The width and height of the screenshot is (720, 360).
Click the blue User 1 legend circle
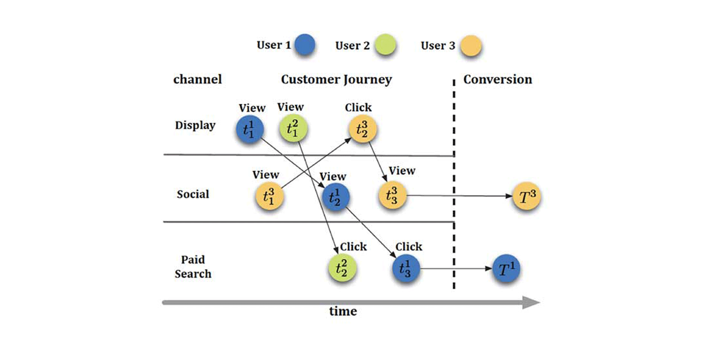tap(305, 45)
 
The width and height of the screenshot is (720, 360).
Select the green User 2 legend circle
tap(385, 45)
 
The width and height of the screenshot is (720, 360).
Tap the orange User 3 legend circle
tap(471, 45)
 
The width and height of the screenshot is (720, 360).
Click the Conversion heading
tap(497, 80)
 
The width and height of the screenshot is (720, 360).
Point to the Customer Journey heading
tap(336, 80)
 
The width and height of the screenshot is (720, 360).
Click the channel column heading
tap(197, 80)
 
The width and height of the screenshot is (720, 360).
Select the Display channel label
tap(195, 125)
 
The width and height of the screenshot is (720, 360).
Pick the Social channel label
tap(193, 194)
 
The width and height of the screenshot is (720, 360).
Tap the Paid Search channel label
tap(193, 266)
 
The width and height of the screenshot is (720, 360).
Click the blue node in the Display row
tap(249, 129)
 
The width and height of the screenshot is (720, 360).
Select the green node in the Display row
tap(293, 128)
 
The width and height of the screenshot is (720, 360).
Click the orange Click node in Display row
tap(362, 129)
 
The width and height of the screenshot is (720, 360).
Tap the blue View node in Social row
tap(335, 197)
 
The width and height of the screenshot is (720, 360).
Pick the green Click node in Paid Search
tap(342, 268)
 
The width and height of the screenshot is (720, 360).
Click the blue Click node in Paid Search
tap(405, 269)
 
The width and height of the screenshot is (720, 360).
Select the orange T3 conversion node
tap(526, 196)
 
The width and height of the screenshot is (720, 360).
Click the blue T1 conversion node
tap(506, 269)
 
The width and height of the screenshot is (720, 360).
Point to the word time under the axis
tap(342, 311)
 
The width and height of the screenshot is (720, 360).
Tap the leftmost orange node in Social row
tap(269, 196)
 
